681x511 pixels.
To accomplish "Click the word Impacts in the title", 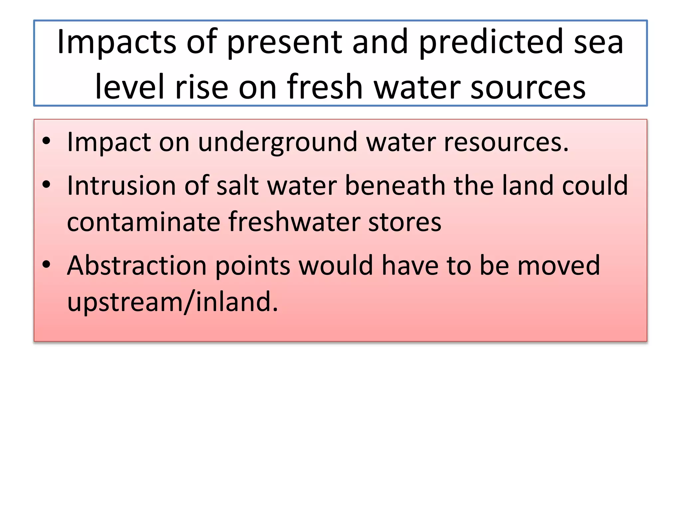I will pyautogui.click(x=116, y=43).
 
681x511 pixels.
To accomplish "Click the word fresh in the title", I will pyautogui.click(x=325, y=87).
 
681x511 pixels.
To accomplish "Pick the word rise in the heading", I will pyautogui.click(x=202, y=87).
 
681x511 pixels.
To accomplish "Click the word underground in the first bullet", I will pyautogui.click(x=278, y=142).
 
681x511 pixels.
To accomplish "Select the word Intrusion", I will pyautogui.click(x=121, y=186).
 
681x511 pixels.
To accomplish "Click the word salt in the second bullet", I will pyautogui.click(x=237, y=186).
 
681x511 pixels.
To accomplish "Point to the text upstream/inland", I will pyautogui.click(x=172, y=302).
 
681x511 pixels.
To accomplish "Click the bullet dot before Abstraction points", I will pyautogui.click(x=47, y=264).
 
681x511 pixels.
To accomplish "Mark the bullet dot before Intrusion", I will pyautogui.click(x=47, y=184).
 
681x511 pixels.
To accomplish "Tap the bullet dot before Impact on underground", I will pyautogui.click(x=47, y=141).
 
